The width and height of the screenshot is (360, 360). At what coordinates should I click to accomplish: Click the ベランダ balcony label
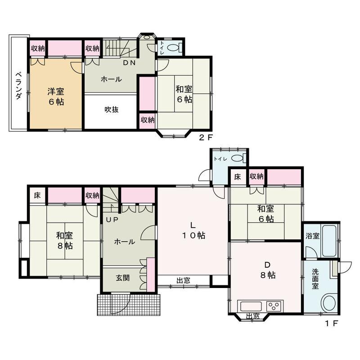coord(18,86)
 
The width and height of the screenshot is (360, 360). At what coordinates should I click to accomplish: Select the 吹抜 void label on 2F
coord(112,109)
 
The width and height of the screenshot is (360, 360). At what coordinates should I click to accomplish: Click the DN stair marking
coord(129,63)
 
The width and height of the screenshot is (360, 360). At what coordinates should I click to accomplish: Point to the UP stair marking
coord(112,220)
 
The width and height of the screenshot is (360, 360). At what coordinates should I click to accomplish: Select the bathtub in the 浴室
coord(329,241)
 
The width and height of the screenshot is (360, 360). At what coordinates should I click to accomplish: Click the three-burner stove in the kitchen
coord(274,306)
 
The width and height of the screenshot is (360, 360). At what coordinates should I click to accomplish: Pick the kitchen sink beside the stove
coord(251,306)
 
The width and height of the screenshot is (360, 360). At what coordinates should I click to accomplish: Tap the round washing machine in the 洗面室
coord(329,302)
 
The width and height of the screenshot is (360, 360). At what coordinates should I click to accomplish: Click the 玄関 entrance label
coord(122,278)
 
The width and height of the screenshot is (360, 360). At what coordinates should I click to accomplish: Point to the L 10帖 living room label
coord(193,230)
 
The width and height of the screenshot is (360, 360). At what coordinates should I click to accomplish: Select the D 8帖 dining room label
coord(268,270)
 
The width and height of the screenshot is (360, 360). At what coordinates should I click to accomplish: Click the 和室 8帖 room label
coord(65,241)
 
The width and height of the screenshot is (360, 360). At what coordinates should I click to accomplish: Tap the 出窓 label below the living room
coord(183,280)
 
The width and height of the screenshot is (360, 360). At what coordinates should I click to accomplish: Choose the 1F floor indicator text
coord(332,324)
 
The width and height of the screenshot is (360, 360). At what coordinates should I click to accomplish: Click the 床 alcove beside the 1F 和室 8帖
coord(37,196)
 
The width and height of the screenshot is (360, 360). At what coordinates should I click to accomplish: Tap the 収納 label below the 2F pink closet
coord(148,120)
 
